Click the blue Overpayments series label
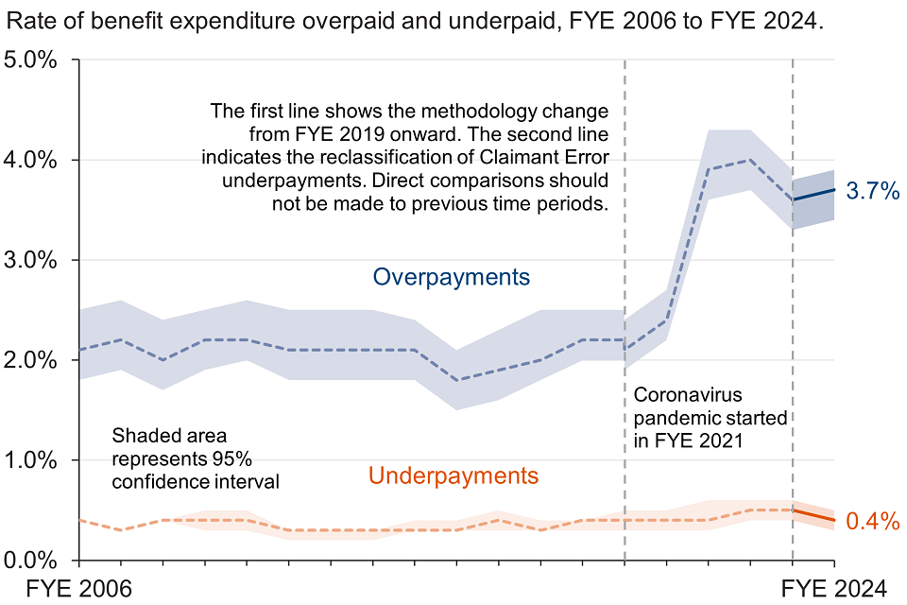[452, 277]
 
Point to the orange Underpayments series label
[453, 475]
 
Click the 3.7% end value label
[871, 192]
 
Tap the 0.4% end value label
[871, 521]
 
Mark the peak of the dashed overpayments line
[750, 160]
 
